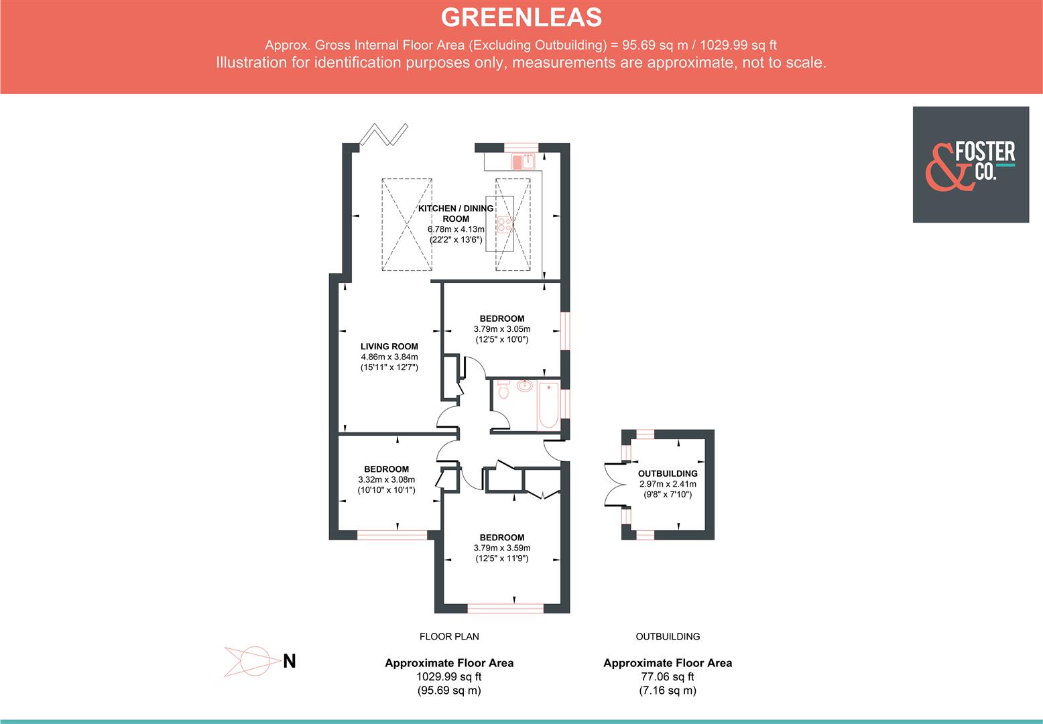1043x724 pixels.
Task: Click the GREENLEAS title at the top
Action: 521,17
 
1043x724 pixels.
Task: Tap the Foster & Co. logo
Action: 970,164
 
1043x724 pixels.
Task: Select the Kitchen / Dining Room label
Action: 456,213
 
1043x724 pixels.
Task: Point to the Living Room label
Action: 389,347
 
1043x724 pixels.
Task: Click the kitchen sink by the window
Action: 523,162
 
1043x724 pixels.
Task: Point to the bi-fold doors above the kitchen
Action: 383,134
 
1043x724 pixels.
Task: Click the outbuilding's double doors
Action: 613,484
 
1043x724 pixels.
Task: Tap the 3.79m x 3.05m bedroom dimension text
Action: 501,329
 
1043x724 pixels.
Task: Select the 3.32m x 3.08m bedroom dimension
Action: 386,479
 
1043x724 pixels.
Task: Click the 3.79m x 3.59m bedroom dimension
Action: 501,548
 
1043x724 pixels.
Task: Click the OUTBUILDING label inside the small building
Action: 668,473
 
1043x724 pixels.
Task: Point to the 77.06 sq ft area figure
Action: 667,677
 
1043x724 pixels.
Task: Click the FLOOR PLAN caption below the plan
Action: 449,636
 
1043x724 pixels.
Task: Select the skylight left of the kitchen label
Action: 407,225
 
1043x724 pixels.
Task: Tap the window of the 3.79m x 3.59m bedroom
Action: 505,608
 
